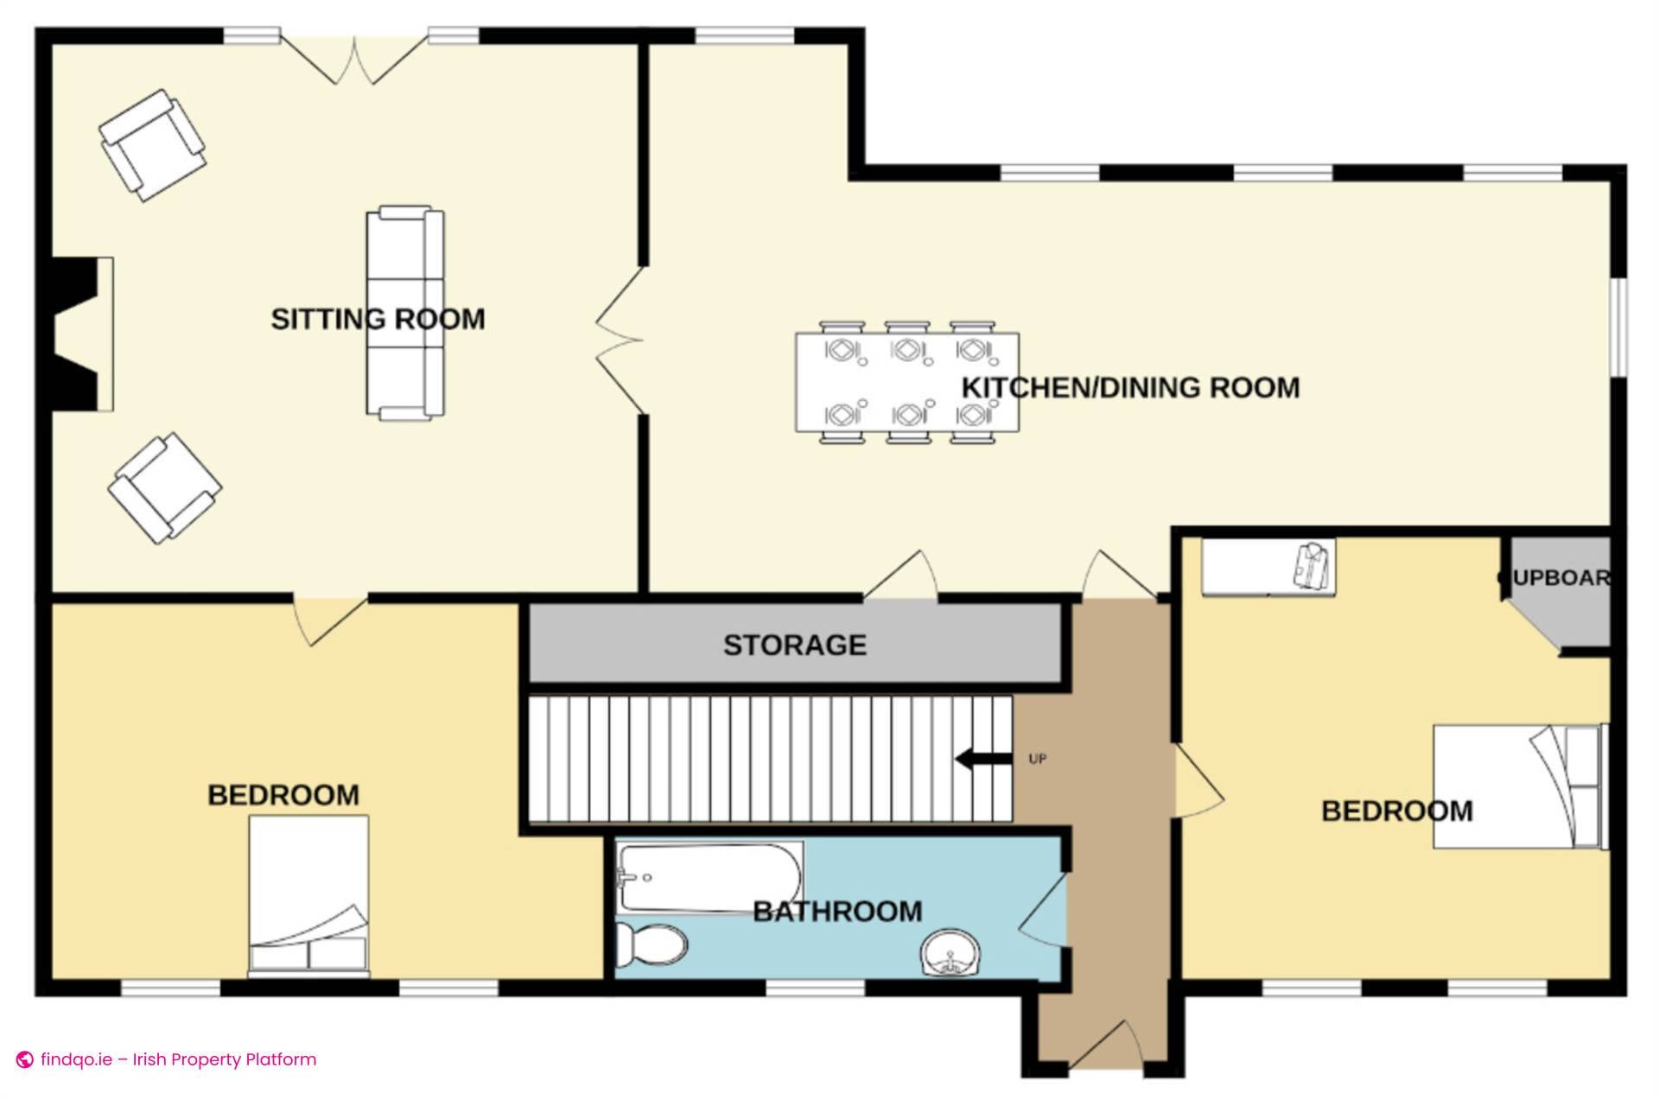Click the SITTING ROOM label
tap(378, 319)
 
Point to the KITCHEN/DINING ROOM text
tap(1130, 388)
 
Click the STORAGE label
tap(794, 645)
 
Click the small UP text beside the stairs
tap(1037, 759)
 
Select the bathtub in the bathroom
tap(709, 877)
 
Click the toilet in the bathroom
tap(652, 946)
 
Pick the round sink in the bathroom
tap(950, 954)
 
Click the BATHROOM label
tap(837, 912)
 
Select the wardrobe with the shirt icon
tap(1268, 567)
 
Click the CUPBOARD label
tap(1555, 578)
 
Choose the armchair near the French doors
tap(152, 145)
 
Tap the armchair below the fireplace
tap(164, 488)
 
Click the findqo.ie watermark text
tap(177, 1059)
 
